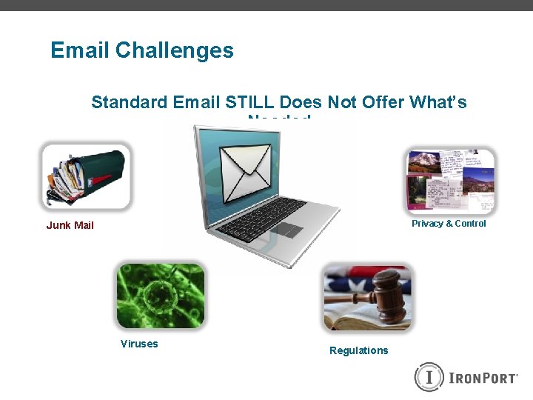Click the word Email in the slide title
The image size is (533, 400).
pos(80,50)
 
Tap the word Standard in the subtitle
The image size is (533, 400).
pos(129,102)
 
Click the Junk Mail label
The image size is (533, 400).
pos(70,225)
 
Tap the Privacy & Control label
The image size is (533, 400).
pos(449,224)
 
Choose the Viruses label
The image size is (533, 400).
pos(139,344)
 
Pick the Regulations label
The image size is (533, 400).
pos(358,350)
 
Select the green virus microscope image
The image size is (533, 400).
pos(161,296)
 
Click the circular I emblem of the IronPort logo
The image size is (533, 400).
pos(428,376)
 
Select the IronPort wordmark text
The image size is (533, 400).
pos(483,378)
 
